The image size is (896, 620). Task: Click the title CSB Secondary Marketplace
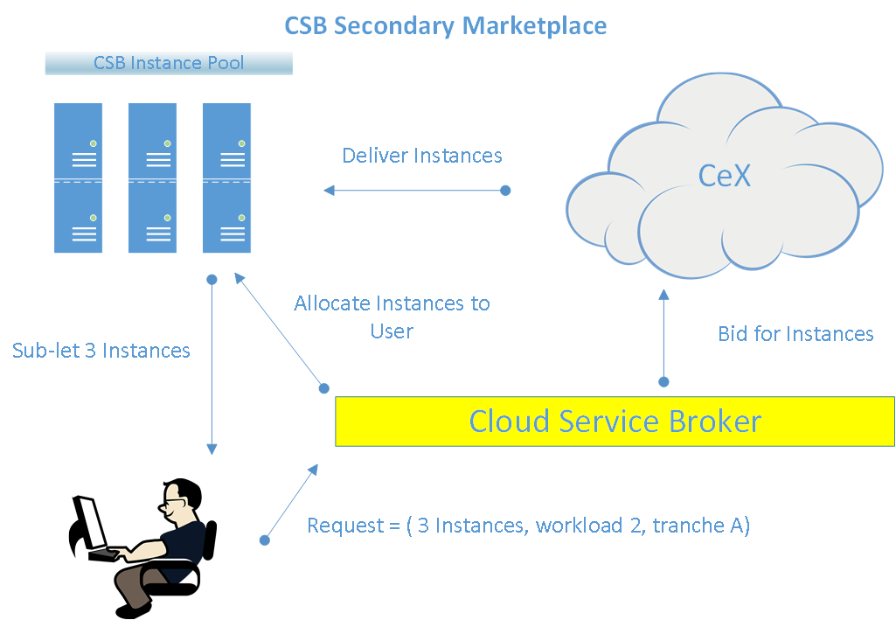(x=445, y=25)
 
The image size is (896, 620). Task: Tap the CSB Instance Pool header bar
(x=169, y=63)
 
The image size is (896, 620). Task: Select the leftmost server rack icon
(x=79, y=178)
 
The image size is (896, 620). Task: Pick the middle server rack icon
(x=153, y=178)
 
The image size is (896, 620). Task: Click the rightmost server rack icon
(x=227, y=178)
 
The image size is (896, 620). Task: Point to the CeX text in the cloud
(x=724, y=175)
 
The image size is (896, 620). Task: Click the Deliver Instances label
(x=421, y=156)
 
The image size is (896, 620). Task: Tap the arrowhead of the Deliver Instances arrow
(x=329, y=191)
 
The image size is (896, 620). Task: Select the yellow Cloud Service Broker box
(x=615, y=421)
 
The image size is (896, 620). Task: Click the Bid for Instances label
(x=795, y=334)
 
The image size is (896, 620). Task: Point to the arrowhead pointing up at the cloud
(x=663, y=295)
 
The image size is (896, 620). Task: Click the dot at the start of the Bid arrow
(x=663, y=382)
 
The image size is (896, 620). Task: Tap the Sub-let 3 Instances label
(x=101, y=351)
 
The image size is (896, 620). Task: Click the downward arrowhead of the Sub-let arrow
(x=212, y=449)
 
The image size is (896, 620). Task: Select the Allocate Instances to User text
(x=392, y=317)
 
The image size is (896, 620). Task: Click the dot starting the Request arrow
(x=265, y=540)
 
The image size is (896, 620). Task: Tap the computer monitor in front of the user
(x=89, y=524)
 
